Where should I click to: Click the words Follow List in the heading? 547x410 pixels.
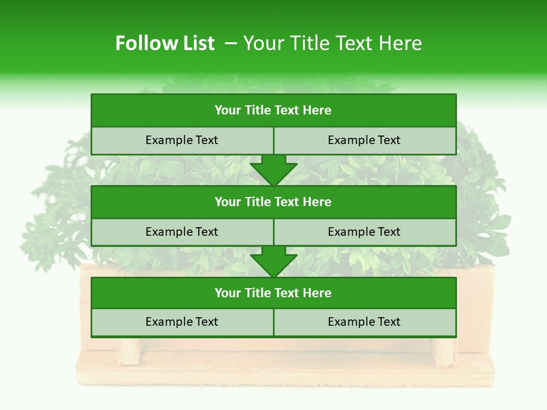click(x=165, y=43)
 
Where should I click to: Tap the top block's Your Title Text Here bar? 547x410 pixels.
click(x=273, y=110)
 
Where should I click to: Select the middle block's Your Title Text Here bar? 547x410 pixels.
click(x=273, y=202)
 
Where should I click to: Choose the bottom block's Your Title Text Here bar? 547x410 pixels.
click(x=273, y=293)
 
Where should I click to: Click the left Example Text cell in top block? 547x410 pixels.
click(x=182, y=141)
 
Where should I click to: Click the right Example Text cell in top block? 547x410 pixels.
click(x=365, y=141)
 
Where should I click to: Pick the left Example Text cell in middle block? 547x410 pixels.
click(x=182, y=232)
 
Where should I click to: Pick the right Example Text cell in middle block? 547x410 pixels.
click(x=365, y=232)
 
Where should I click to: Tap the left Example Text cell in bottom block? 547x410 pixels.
click(x=182, y=322)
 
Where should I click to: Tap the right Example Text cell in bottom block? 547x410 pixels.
click(x=365, y=322)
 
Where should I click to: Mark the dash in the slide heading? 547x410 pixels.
click(x=231, y=43)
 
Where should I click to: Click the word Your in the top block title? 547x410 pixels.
click(x=228, y=110)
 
